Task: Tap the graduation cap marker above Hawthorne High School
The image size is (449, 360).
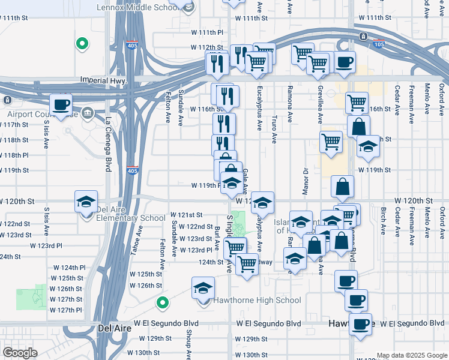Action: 203,289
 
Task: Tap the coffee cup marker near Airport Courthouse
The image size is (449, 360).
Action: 61,105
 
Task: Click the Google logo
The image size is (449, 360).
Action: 19,352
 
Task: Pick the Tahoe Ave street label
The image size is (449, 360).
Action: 137,241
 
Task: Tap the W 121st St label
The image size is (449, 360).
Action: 187,214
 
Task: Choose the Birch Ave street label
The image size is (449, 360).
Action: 383,220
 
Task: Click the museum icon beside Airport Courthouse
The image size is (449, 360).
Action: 88,112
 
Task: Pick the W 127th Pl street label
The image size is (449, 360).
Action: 66,310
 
